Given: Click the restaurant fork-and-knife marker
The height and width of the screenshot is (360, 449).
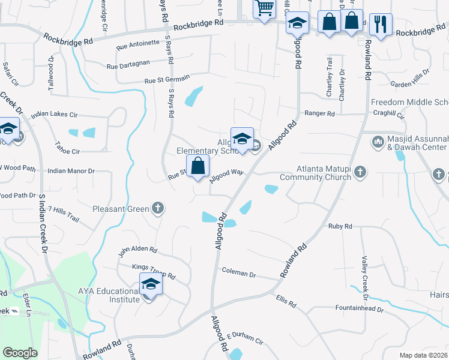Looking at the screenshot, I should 381,24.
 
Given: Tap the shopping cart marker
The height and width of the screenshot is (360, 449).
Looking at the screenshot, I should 264,9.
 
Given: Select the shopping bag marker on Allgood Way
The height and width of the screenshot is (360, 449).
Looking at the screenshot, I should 197,166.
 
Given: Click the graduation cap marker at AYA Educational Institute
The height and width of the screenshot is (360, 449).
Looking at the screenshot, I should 151,284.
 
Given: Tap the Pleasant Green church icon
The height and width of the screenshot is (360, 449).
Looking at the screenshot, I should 158,209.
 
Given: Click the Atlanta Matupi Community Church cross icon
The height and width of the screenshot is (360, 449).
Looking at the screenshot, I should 360,172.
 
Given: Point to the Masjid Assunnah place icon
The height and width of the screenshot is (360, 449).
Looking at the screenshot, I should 378,142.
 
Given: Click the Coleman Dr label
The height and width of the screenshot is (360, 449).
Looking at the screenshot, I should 239,273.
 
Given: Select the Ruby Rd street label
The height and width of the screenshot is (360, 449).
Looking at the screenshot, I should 340,226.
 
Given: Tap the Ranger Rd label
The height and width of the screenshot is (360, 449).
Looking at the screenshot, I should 319,113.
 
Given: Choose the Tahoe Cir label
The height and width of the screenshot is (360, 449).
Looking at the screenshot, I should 67,152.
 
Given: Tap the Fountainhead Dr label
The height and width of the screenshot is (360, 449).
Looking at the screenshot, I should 360,308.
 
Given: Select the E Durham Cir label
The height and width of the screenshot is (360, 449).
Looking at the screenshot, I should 245,340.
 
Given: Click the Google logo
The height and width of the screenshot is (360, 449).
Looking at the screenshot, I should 20,353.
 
